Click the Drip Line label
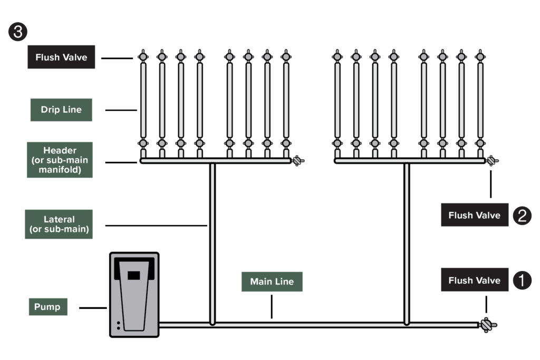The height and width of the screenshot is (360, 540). (61, 110)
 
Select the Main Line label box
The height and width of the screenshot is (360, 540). (272, 281)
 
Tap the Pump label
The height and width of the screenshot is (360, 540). (47, 307)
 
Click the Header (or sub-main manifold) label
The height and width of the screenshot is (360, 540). (59, 159)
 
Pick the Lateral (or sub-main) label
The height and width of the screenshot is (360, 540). (59, 224)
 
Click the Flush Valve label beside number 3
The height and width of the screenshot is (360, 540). (61, 57)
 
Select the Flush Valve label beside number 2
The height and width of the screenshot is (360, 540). (474, 215)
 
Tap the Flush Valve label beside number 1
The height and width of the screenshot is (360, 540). (474, 280)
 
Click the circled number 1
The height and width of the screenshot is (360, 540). (522, 280)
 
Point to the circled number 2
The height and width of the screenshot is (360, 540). (522, 215)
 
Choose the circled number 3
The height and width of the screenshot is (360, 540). (17, 32)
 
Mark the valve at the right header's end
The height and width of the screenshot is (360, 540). (491, 160)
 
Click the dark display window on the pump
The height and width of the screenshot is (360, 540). (134, 274)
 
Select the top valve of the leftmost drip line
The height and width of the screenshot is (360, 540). (143, 56)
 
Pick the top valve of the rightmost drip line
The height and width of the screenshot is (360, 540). (480, 56)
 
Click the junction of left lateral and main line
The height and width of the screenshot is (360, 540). (213, 323)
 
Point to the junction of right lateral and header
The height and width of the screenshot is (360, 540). (407, 161)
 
